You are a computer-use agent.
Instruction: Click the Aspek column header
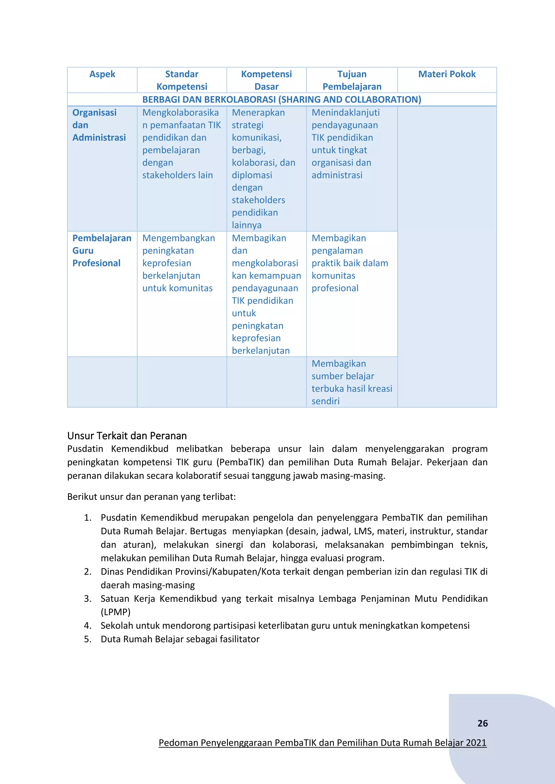(x=102, y=74)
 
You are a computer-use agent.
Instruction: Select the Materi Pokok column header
(x=447, y=74)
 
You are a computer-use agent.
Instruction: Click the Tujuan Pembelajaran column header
(x=352, y=80)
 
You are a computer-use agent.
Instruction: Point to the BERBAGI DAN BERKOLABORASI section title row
(x=282, y=99)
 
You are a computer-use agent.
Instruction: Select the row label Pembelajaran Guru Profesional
(x=102, y=251)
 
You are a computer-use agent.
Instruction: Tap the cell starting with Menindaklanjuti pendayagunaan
(x=346, y=144)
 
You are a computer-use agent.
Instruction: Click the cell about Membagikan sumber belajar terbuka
(x=352, y=382)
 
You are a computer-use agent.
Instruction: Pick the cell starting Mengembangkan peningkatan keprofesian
(x=178, y=263)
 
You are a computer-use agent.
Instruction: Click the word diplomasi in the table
(x=252, y=175)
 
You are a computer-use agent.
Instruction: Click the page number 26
(x=482, y=723)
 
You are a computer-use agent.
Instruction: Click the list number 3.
(x=88, y=599)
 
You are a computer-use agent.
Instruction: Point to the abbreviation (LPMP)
(x=115, y=612)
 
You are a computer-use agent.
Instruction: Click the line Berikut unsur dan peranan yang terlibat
(x=151, y=496)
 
